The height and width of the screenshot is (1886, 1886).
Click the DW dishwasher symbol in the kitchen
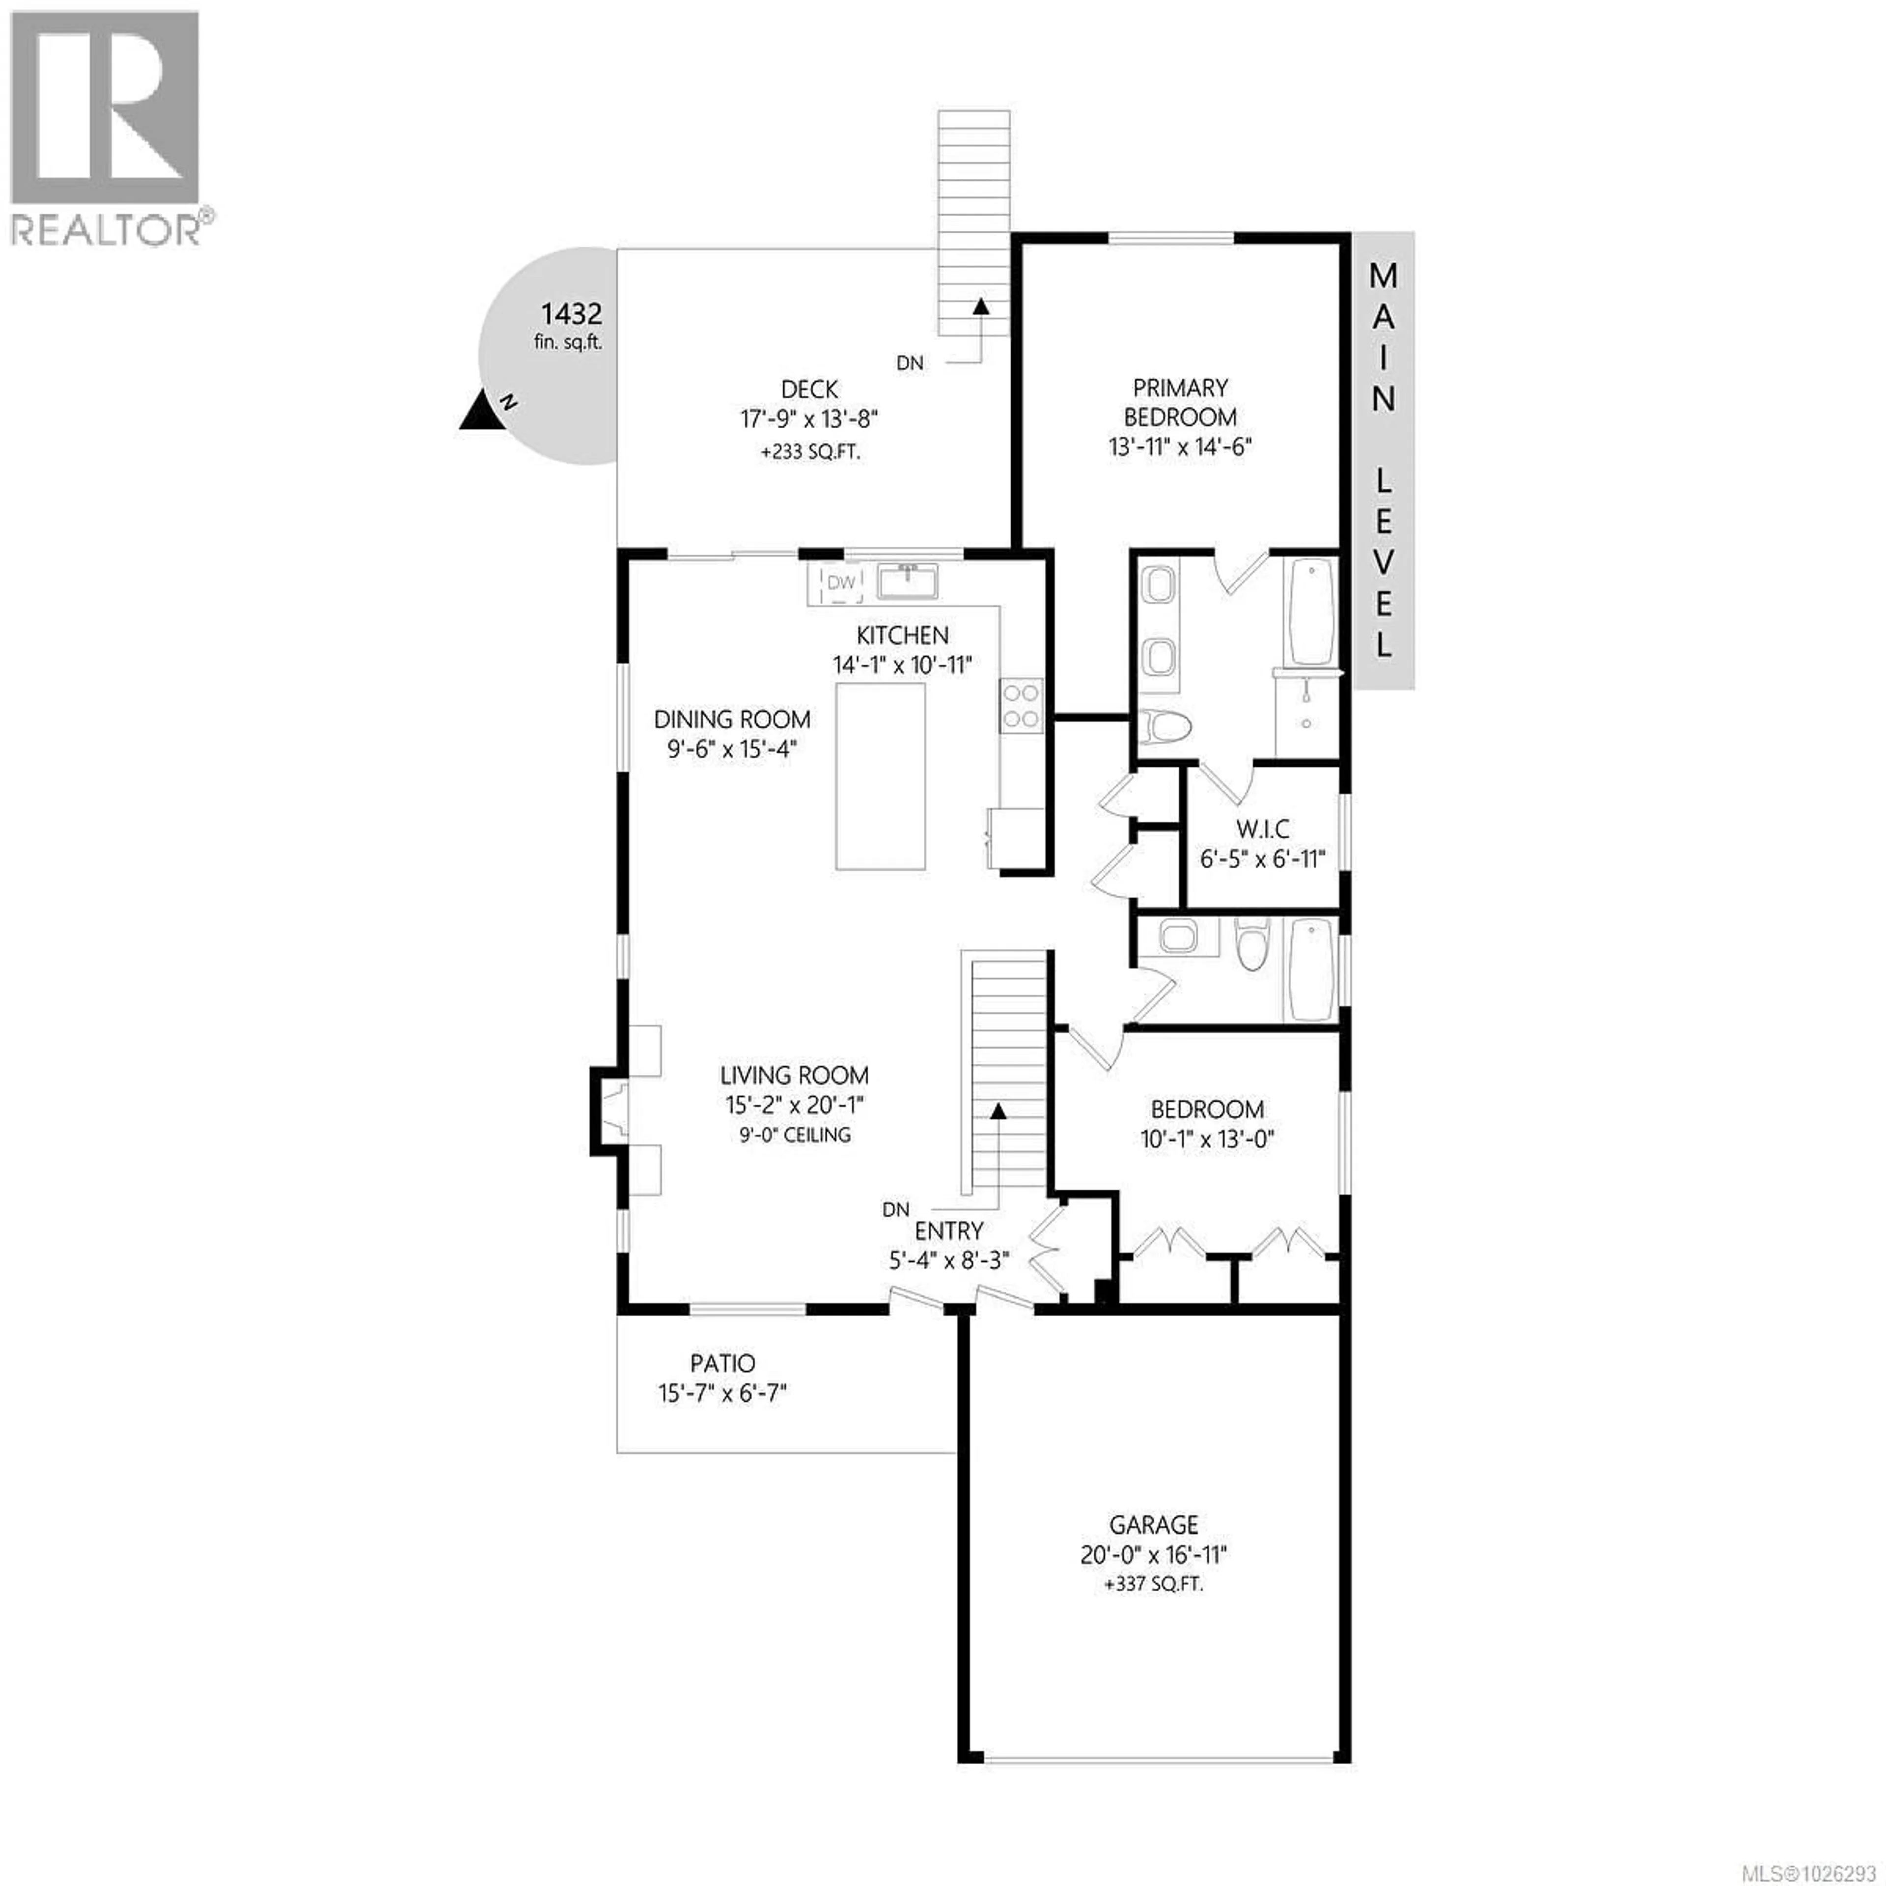coord(840,583)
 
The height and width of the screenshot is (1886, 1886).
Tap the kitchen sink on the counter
coord(908,581)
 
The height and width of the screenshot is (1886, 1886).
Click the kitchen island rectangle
coord(881,776)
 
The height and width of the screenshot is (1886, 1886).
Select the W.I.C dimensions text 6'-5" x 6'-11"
coord(1262,859)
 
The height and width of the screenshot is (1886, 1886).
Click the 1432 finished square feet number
coord(571,314)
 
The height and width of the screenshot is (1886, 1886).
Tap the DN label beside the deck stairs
coord(910,363)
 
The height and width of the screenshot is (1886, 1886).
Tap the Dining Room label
coord(732,720)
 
